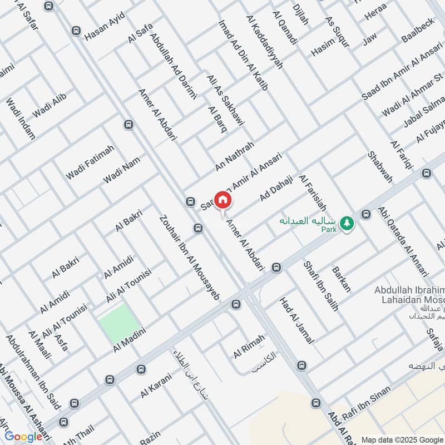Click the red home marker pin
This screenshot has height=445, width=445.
pos(222,200)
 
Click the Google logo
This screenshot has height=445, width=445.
pos(23,436)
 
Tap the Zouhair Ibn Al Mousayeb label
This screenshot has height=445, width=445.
pos(189,259)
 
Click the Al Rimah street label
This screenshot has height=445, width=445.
pos(249,346)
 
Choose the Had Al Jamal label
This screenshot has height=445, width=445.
pos(297,320)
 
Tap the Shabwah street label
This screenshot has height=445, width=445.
pos(380,167)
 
